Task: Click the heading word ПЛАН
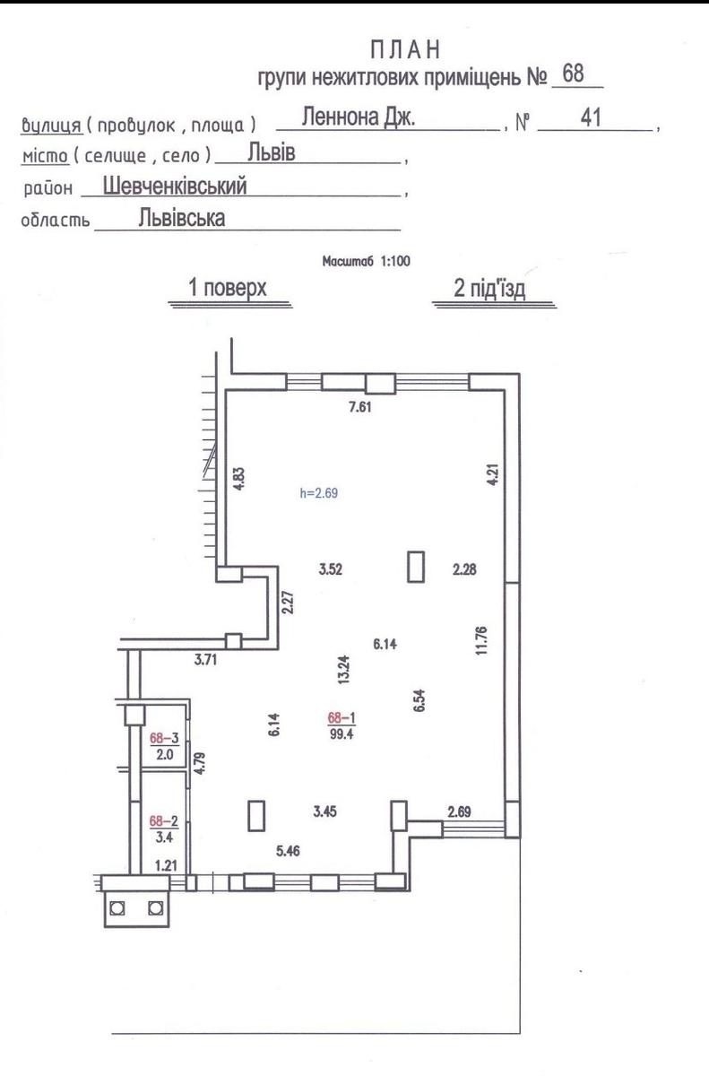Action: tap(406, 50)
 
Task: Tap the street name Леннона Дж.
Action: tap(359, 117)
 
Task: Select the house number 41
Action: tap(591, 117)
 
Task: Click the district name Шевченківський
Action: tap(175, 186)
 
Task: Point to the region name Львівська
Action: tap(182, 218)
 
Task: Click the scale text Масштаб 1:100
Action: tap(367, 261)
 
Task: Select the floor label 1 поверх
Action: tap(228, 288)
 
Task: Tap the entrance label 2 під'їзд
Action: tap(489, 288)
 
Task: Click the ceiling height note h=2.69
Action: tap(319, 493)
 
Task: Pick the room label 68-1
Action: tap(342, 717)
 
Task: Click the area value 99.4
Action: tap(342, 734)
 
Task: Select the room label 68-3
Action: tap(164, 738)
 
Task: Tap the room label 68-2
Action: tap(164, 821)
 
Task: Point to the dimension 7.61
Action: tap(360, 407)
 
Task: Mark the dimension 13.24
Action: tap(343, 670)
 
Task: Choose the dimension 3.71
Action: tap(205, 660)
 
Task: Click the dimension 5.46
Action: tap(288, 851)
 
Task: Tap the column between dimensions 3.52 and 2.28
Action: tap(416, 567)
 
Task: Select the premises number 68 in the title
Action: tap(573, 74)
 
